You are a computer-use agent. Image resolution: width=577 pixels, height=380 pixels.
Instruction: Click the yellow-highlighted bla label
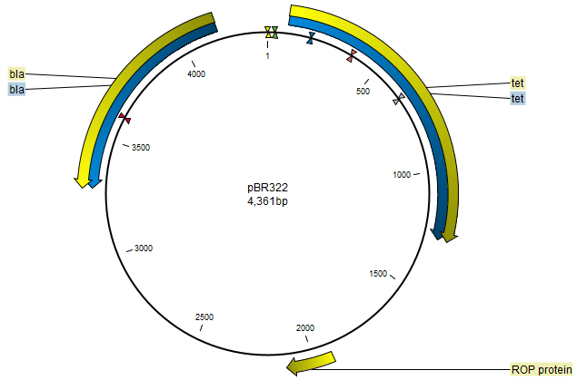pyautogui.click(x=17, y=73)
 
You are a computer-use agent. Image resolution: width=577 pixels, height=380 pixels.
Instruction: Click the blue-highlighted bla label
pyautogui.click(x=17, y=89)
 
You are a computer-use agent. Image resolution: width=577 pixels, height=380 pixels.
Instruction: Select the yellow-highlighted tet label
pyautogui.click(x=517, y=83)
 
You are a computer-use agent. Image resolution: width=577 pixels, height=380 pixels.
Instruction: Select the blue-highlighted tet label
pyautogui.click(x=517, y=98)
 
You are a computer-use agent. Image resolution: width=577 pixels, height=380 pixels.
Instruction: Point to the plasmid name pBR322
pyautogui.click(x=267, y=187)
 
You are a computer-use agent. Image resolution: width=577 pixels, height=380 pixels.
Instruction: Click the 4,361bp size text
pyautogui.click(x=267, y=200)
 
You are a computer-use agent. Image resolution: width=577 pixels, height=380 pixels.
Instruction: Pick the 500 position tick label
pyautogui.click(x=363, y=91)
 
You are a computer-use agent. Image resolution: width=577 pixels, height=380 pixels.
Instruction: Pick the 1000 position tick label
pyautogui.click(x=402, y=175)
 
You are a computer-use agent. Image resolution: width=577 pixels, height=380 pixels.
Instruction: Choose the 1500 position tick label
pyautogui.click(x=379, y=273)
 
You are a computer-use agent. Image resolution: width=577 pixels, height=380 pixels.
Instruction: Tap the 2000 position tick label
pyautogui.click(x=305, y=327)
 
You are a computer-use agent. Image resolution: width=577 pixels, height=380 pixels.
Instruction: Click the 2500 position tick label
pyautogui.click(x=204, y=316)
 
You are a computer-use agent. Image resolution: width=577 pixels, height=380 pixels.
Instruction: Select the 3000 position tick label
pyautogui.click(x=144, y=248)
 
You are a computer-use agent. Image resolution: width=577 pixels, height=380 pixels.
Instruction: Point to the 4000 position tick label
pyautogui.click(x=197, y=73)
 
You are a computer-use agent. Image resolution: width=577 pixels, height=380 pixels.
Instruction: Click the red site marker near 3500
pyautogui.click(x=124, y=119)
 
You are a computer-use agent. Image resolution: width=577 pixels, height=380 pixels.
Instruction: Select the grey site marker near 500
pyautogui.click(x=397, y=100)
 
